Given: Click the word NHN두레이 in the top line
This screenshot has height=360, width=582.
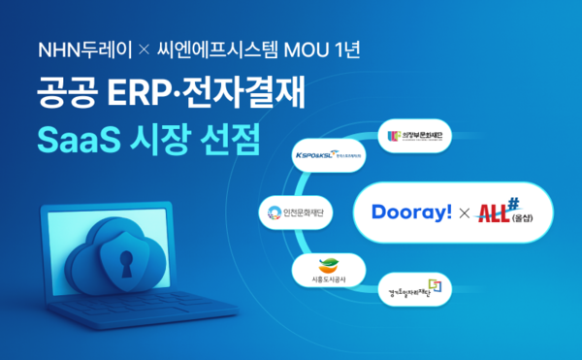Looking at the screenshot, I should pyautogui.click(x=74, y=49).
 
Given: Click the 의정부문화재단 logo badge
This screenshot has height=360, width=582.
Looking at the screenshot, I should pyautogui.click(x=419, y=135).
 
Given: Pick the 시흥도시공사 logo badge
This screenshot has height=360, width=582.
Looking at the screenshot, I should pyautogui.click(x=329, y=269).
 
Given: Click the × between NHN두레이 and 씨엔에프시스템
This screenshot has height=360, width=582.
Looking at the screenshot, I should pyautogui.click(x=131, y=49).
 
